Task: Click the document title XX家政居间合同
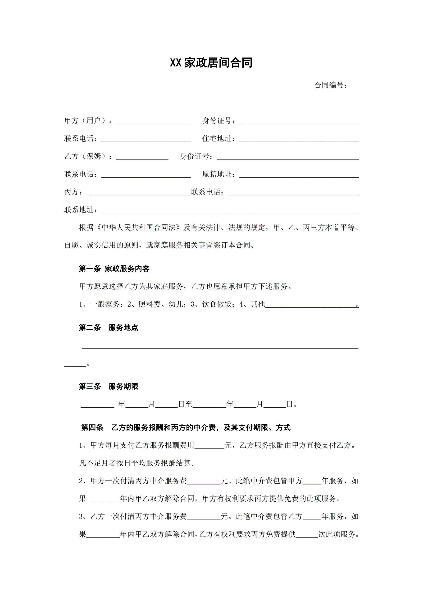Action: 211,63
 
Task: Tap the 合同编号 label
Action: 330,85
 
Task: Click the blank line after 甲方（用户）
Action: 153,121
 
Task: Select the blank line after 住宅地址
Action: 299,139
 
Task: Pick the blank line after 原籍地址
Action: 299,174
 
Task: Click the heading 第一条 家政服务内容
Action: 114,269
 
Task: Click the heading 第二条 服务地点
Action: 108,328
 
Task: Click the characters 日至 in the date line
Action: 185,404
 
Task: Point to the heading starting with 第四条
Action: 186,428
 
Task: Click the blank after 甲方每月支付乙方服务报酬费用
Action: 209,446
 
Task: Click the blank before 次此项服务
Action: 307,535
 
